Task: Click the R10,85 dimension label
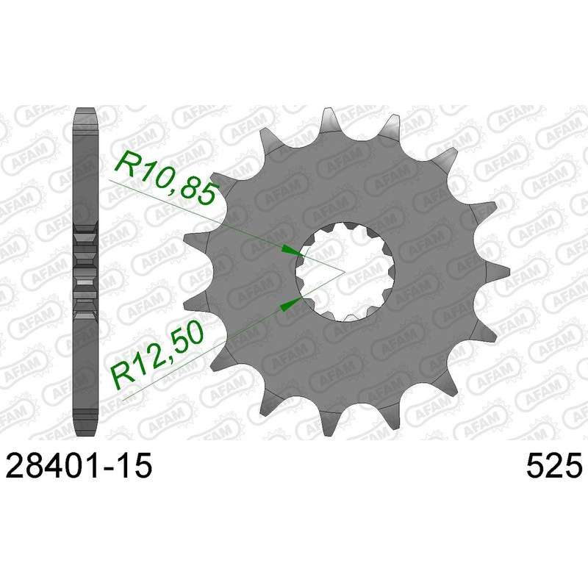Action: point(168,178)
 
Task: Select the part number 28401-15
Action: point(79,465)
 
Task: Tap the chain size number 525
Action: point(555,465)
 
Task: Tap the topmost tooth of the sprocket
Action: point(329,119)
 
